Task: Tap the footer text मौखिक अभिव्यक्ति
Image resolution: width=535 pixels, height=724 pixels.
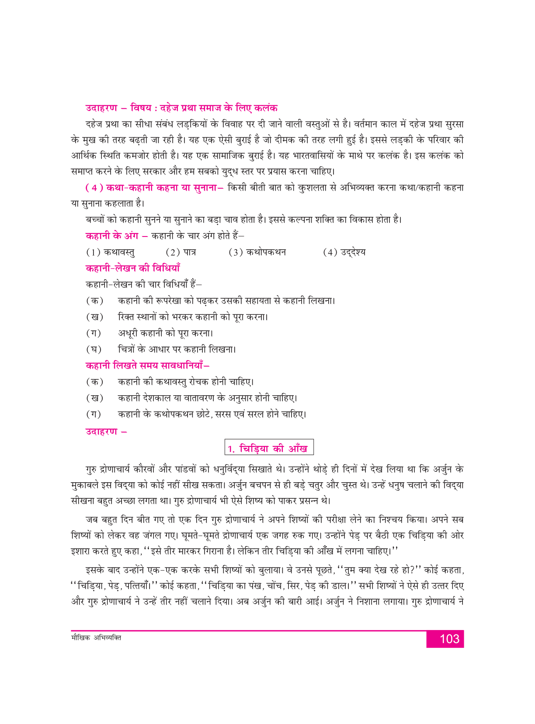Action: [x=96, y=638]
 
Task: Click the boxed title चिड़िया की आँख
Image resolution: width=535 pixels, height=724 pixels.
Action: [x=269, y=449]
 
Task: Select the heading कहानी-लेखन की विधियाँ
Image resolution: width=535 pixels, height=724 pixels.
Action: [x=133, y=268]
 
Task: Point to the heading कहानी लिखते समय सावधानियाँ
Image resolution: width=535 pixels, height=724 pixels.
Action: [x=147, y=365]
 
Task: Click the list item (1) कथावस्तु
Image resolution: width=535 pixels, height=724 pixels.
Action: [x=110, y=252]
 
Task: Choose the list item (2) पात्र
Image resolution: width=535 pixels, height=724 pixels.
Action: [x=181, y=252]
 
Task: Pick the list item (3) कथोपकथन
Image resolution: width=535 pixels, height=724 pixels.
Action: [x=257, y=252]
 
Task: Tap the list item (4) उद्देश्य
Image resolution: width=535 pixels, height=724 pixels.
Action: [x=344, y=252]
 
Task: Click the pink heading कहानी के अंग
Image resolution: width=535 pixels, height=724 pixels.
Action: [x=112, y=236]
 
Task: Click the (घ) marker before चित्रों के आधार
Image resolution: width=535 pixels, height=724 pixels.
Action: [x=94, y=349]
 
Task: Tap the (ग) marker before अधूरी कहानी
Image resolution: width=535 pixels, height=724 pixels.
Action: [x=94, y=333]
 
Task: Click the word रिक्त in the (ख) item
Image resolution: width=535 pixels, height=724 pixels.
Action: [x=127, y=317]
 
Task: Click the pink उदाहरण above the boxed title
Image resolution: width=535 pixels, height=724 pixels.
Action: [x=101, y=432]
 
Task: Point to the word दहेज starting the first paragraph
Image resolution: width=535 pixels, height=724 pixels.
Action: [x=95, y=125]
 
